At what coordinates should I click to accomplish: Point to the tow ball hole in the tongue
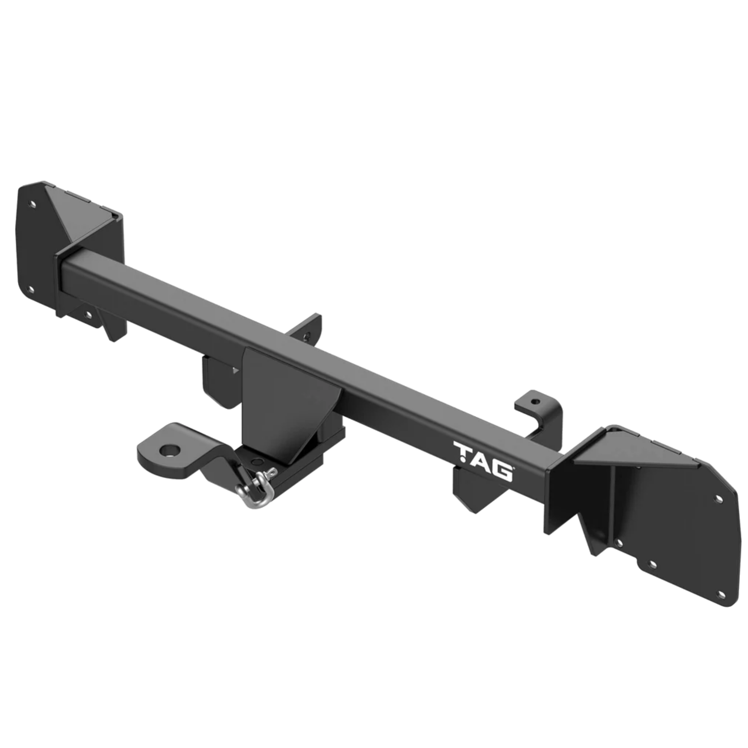click(x=170, y=450)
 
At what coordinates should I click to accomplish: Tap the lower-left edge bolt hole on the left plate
click(x=32, y=289)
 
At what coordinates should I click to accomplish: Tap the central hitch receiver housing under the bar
click(x=286, y=395)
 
